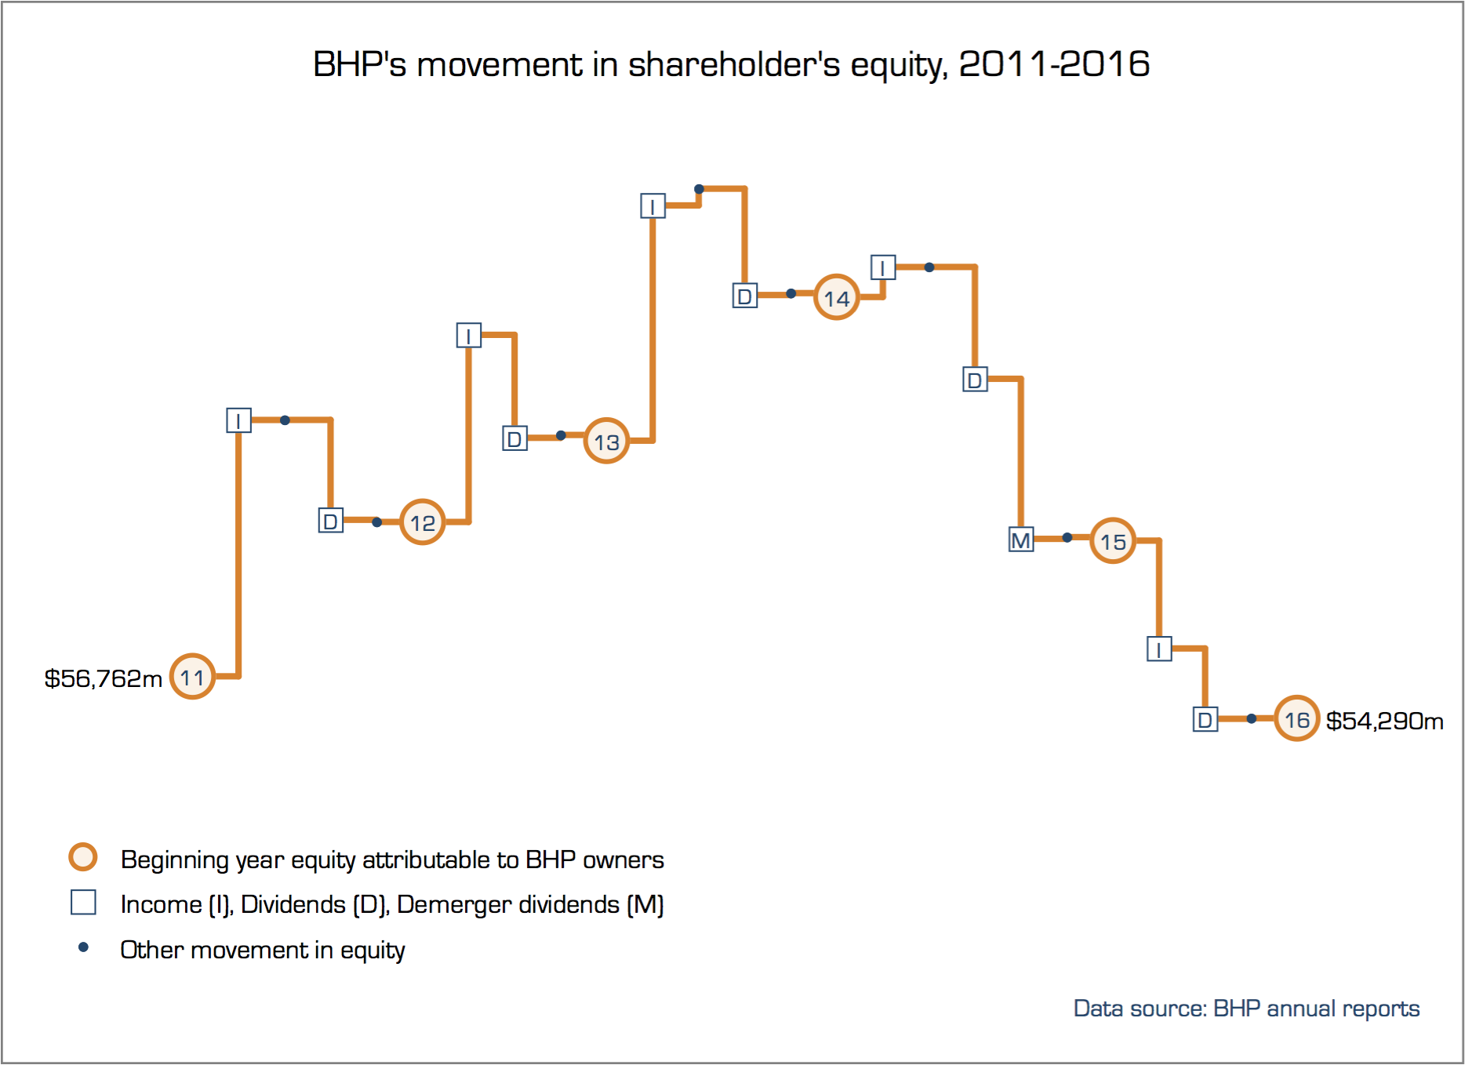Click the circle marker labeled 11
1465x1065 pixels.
coord(192,676)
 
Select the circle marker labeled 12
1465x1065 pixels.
coord(423,522)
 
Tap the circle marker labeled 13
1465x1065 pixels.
coord(606,441)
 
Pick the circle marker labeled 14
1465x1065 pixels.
coord(836,297)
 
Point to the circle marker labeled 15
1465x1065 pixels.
coord(1113,540)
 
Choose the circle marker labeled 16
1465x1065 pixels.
coord(1296,718)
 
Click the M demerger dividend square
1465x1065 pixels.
coord(1020,540)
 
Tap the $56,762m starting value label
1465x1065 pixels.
coord(103,678)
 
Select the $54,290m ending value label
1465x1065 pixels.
coord(1384,721)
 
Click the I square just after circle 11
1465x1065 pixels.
coord(238,420)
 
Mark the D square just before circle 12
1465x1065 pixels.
coord(330,520)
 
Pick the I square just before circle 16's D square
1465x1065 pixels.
coord(1159,649)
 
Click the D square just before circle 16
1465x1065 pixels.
coord(1205,719)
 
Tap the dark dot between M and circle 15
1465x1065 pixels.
coord(1067,538)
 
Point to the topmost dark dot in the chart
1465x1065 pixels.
coord(699,189)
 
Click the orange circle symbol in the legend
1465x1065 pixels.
coord(83,857)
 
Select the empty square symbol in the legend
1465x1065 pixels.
coord(83,902)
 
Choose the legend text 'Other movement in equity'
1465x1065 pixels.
coord(262,950)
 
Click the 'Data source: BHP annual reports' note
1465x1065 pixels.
coord(1246,1009)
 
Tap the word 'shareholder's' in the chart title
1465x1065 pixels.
coord(734,64)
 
